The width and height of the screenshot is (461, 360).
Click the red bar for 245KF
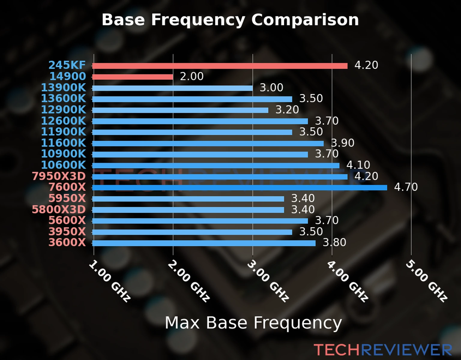pyautogui.click(x=220, y=66)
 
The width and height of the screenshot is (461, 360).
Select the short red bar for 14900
pyautogui.click(x=133, y=77)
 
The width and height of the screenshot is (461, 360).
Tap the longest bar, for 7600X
pyautogui.click(x=240, y=187)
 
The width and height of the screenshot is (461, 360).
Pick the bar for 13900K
pyautogui.click(x=173, y=88)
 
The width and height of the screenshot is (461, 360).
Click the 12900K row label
pyautogui.click(x=63, y=110)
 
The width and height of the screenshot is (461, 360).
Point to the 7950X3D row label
pyautogui.click(x=59, y=176)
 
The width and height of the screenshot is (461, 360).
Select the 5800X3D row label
pyautogui.click(x=59, y=209)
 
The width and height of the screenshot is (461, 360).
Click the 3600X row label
pyautogui.click(x=67, y=242)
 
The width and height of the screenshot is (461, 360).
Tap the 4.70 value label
pyautogui.click(x=406, y=187)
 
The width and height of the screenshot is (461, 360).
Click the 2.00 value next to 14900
pyautogui.click(x=192, y=76)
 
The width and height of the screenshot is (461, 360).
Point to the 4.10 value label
pyautogui.click(x=358, y=165)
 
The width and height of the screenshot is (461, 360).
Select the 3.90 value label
pyautogui.click(x=342, y=143)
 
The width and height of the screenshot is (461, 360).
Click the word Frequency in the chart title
pyautogui.click(x=198, y=20)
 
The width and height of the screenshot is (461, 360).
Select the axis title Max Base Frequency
pyautogui.click(x=253, y=323)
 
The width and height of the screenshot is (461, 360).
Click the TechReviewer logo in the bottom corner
pyautogui.click(x=383, y=350)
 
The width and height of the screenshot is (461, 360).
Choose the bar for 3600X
pyautogui.click(x=204, y=243)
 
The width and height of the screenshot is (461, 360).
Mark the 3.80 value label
pyautogui.click(x=334, y=242)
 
